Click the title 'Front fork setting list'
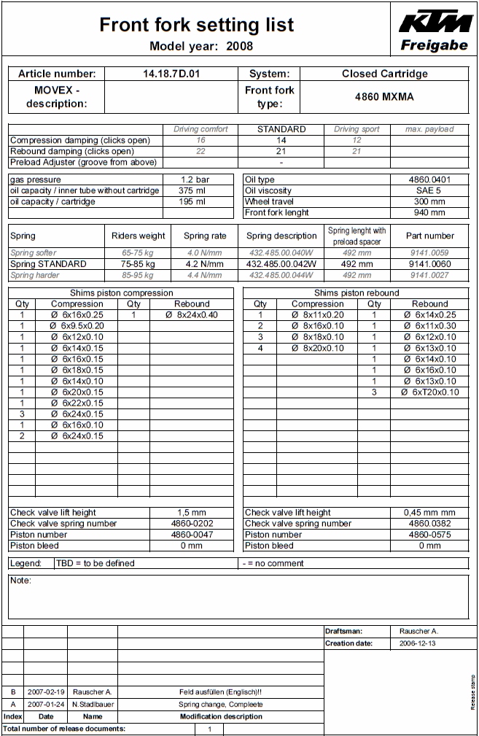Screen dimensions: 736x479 (x=197, y=25)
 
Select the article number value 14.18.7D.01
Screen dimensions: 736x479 (x=171, y=74)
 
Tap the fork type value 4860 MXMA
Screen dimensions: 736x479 (x=384, y=96)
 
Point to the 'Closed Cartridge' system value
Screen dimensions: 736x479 (x=384, y=74)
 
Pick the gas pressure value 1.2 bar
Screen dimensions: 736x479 (x=195, y=179)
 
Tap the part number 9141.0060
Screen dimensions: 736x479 (x=429, y=264)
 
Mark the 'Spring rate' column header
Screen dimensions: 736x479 (x=205, y=236)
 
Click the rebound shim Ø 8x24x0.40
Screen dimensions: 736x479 (x=192, y=315)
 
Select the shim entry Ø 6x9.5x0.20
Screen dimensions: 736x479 (x=77, y=326)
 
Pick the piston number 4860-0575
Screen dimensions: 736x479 (x=429, y=535)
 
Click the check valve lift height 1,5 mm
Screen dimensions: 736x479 (x=192, y=513)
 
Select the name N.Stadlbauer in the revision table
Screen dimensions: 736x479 (x=93, y=705)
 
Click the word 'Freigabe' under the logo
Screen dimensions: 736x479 (x=435, y=45)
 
